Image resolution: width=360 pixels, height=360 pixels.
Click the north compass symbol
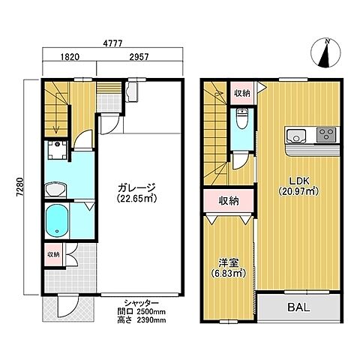pos(325,53)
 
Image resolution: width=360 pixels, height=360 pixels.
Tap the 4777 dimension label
pos(112,43)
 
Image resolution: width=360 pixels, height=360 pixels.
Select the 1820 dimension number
pos(70,57)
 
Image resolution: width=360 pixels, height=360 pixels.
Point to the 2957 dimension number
pos(139,57)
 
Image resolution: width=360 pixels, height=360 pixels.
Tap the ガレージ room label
pos(136,187)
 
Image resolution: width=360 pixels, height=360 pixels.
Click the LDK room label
pos(299,180)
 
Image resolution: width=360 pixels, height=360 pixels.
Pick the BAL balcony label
pos(298,307)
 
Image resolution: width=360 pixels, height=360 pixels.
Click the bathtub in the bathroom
pos(57,220)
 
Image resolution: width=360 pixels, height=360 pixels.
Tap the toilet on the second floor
pos(241,118)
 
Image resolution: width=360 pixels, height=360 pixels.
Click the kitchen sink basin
pos(296,135)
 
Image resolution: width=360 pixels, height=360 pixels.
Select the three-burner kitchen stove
pos(326,135)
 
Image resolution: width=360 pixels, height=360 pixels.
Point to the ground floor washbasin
pos(55,190)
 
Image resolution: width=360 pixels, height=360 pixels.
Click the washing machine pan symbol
pos(58,150)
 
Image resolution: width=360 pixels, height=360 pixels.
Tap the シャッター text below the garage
pos(141,303)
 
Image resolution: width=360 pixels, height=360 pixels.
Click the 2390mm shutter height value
pos(151,320)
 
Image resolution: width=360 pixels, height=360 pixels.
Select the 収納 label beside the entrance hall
pos(54,255)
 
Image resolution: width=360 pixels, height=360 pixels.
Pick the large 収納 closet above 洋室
pos(229,201)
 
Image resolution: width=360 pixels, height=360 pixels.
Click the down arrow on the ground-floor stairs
pos(56,114)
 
